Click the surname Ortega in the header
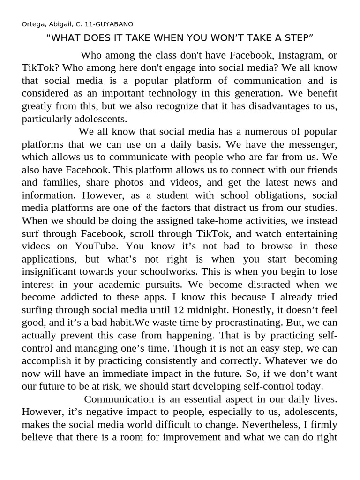(x=32, y=24)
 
